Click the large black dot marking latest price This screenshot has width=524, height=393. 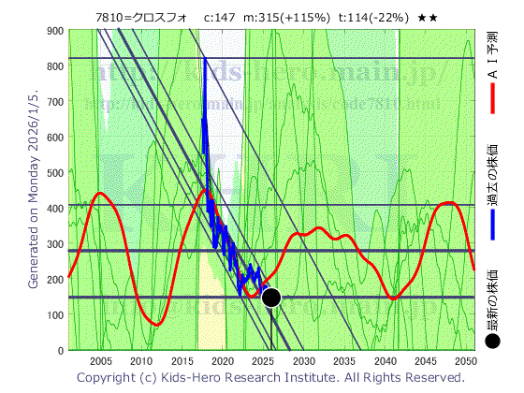point(271,298)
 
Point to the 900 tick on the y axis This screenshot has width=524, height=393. point(53,31)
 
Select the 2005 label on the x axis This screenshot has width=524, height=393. point(100,361)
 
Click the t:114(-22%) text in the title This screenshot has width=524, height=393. point(375,17)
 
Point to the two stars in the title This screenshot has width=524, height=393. point(428,17)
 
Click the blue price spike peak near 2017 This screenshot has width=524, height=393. point(204,60)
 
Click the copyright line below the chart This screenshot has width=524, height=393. point(271,377)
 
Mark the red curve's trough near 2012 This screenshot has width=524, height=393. point(156,325)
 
